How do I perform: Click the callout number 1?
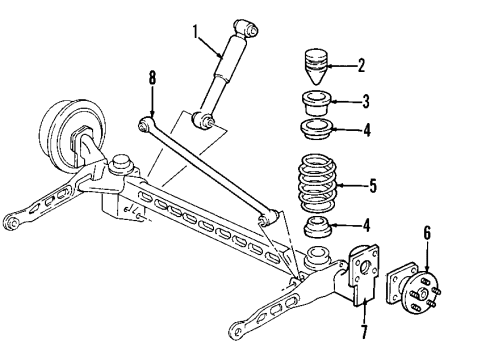coord(196,30)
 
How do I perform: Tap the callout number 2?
coord(361,66)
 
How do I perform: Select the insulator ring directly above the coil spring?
coord(315,130)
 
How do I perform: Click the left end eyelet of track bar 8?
coord(144,123)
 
